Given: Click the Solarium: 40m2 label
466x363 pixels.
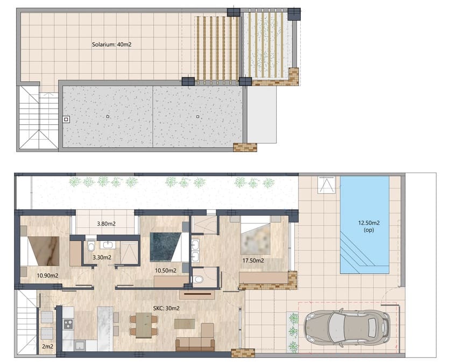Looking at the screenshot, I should point(112,45).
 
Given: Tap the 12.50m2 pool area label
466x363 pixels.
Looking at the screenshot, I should point(365,226).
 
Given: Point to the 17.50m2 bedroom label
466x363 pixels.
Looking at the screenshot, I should point(253,261).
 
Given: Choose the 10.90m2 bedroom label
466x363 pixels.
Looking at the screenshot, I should point(47,275).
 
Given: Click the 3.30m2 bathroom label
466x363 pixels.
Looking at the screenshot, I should point(102,258).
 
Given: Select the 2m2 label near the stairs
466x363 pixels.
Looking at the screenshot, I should point(47,348).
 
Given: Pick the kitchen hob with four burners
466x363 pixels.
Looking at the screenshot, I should point(68,324).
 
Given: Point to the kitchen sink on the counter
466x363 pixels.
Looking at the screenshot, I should point(79,345).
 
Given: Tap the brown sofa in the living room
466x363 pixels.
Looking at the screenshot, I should point(196,340).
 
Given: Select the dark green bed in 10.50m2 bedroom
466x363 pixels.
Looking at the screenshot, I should point(168,246).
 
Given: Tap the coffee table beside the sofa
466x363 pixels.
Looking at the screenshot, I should point(185,323).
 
